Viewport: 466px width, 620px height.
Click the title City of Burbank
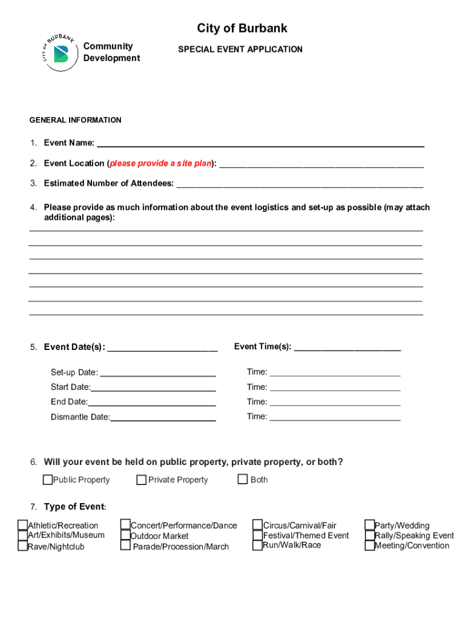click(x=242, y=28)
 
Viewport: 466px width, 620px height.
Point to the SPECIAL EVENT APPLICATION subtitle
click(x=240, y=50)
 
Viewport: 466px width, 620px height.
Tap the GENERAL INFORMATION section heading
click(x=75, y=120)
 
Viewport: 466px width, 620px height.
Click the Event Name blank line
click(x=260, y=144)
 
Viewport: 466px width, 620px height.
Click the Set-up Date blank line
click(x=157, y=373)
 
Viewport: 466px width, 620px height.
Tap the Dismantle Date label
click(x=80, y=417)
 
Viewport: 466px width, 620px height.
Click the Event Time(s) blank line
click(x=347, y=347)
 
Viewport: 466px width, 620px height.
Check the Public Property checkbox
click(x=48, y=480)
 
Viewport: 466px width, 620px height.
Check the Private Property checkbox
click(x=142, y=480)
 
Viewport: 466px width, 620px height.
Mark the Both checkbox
click(x=243, y=480)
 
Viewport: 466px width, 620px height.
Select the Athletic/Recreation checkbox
click(x=22, y=525)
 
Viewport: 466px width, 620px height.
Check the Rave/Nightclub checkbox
click(x=22, y=546)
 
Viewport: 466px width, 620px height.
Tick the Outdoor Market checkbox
click(x=125, y=535)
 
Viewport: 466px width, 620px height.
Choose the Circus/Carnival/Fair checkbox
click(x=258, y=525)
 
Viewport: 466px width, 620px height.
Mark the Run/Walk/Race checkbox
click(x=258, y=545)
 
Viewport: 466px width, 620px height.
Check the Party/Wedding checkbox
click(x=370, y=525)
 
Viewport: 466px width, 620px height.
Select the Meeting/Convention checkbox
click(x=370, y=546)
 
